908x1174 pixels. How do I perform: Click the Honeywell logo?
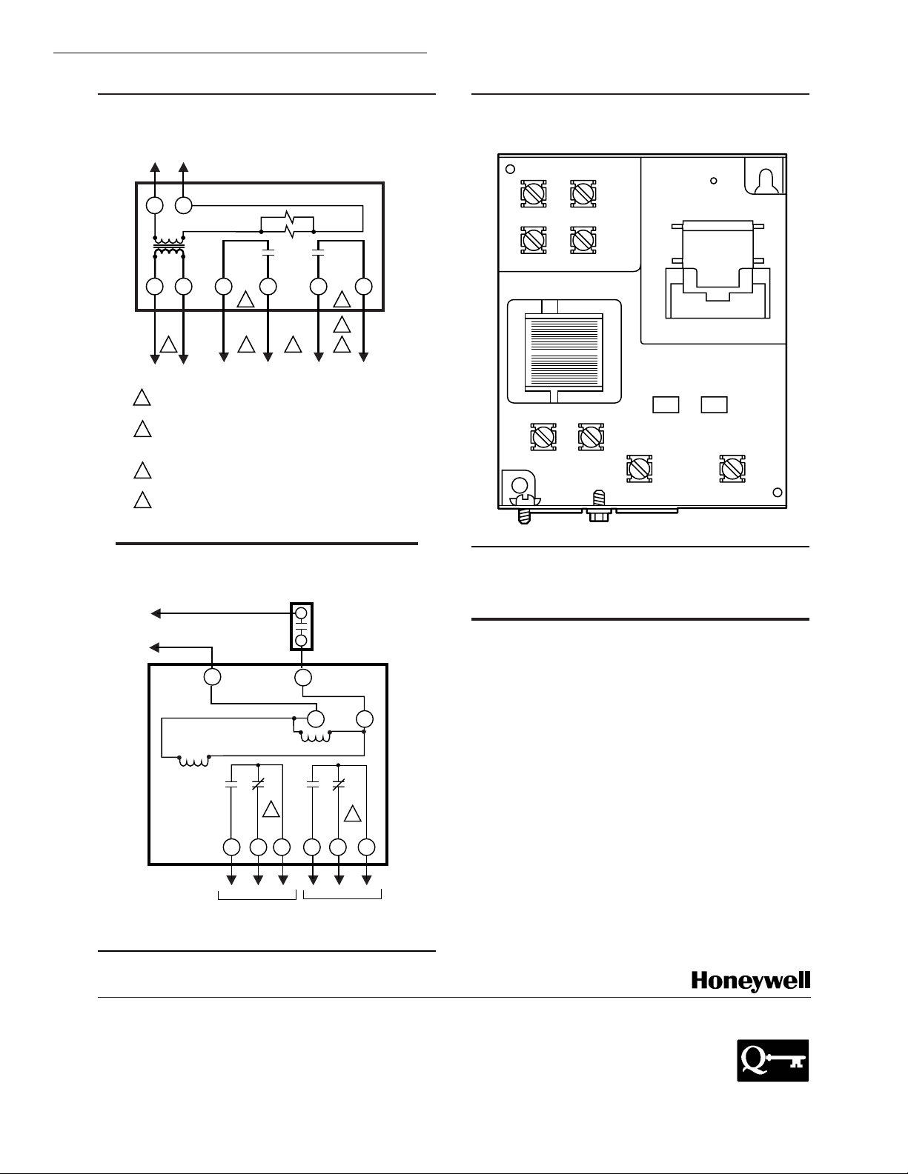point(750,981)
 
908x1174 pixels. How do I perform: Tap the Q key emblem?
point(772,1060)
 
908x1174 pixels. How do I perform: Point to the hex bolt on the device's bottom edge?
point(596,513)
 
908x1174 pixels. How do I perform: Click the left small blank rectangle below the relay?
point(666,404)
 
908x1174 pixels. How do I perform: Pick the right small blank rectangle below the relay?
point(714,404)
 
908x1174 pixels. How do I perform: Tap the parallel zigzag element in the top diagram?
point(288,225)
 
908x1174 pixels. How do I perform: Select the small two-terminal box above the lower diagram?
point(302,627)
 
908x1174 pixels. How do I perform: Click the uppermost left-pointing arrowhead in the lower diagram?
point(156,613)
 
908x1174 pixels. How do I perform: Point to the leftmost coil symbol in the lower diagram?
point(193,761)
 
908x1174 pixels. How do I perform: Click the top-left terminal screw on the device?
point(533,193)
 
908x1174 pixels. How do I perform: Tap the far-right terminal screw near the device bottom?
point(732,469)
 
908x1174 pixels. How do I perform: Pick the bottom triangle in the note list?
point(142,498)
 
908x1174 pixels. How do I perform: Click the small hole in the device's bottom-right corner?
point(777,493)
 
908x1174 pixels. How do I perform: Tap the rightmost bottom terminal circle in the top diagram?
point(363,286)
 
